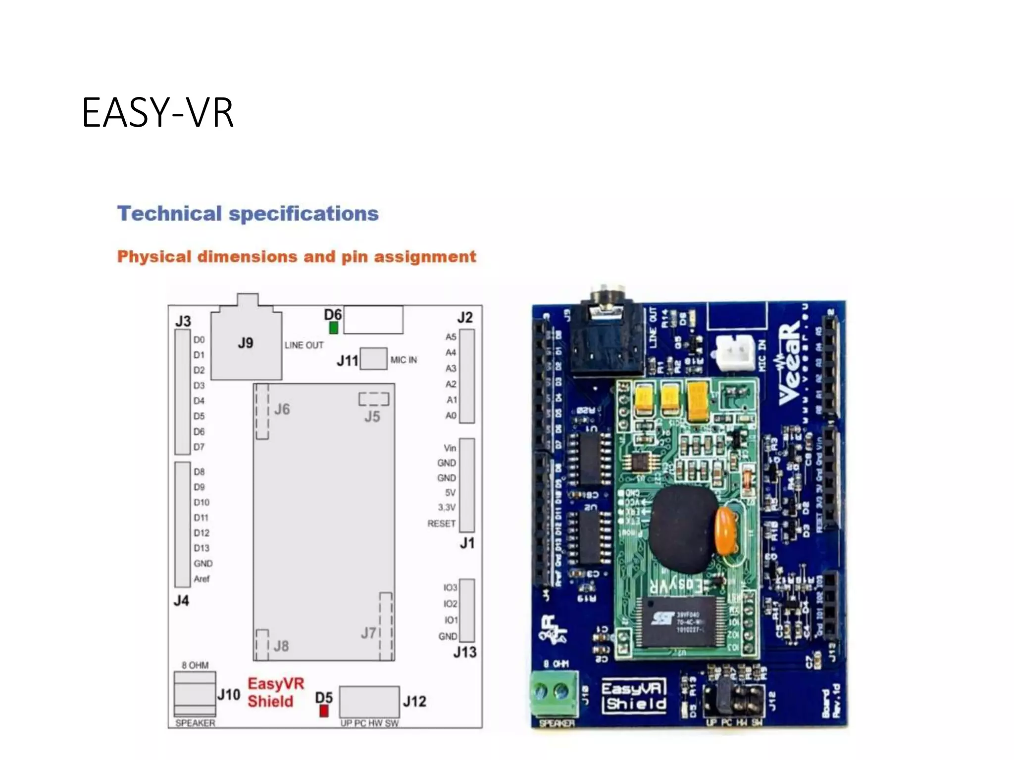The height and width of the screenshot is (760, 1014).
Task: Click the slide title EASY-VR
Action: [x=157, y=113]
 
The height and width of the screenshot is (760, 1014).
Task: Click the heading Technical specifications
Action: [x=248, y=214]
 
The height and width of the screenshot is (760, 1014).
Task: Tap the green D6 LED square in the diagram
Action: [x=334, y=328]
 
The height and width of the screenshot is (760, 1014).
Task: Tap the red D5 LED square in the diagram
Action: [x=324, y=711]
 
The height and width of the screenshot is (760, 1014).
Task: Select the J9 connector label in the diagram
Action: [x=246, y=343]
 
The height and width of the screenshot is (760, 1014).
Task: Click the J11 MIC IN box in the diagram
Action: [x=373, y=359]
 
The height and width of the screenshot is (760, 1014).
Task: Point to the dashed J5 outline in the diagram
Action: [x=374, y=399]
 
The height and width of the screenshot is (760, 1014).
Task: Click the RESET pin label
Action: [x=441, y=523]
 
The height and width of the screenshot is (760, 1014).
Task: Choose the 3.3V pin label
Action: [x=446, y=508]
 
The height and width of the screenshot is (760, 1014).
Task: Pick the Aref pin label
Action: [x=202, y=579]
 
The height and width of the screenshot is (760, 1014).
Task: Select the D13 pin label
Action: [x=202, y=548]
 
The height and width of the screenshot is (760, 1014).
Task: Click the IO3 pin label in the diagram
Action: [x=450, y=588]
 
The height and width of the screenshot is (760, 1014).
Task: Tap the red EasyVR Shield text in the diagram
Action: [x=275, y=693]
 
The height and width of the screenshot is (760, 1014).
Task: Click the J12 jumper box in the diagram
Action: [x=369, y=702]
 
